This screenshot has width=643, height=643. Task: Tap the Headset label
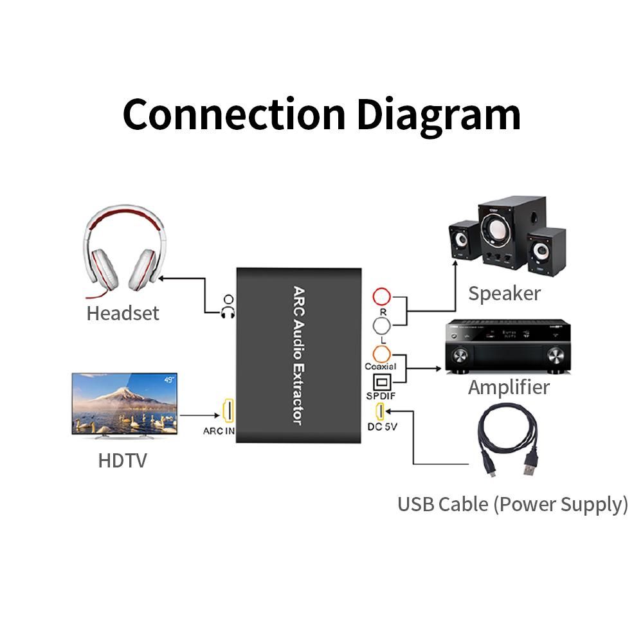122,313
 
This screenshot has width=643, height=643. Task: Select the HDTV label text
122,460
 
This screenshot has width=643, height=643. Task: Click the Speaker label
504,293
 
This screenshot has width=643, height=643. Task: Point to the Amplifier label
509,387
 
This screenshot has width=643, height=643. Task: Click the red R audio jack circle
382,297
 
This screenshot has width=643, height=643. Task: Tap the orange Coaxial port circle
382,353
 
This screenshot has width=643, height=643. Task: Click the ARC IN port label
219,431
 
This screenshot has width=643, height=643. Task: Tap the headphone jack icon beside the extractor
228,306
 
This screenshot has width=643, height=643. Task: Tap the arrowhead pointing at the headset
161,278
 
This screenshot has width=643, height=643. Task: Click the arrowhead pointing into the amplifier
439,369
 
